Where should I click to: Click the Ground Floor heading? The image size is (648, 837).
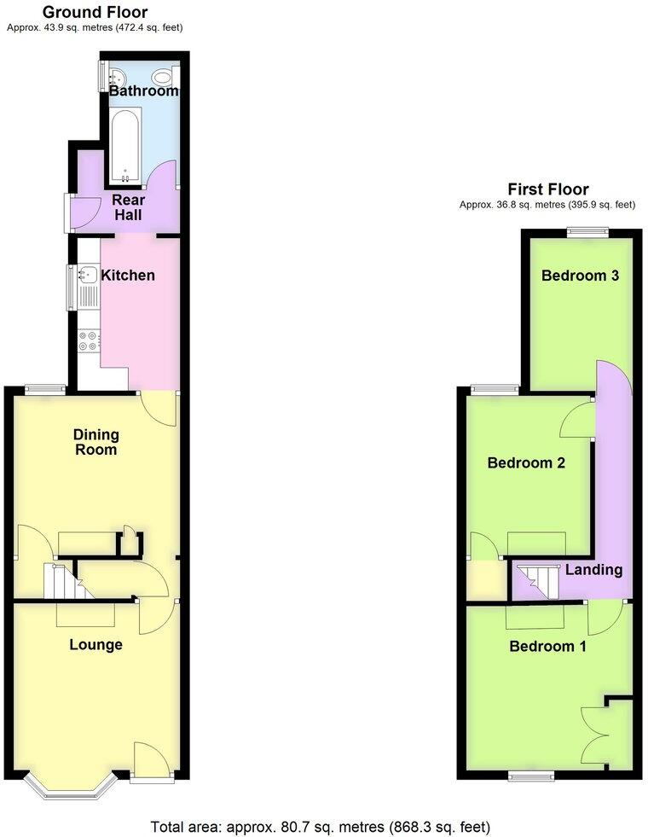tap(95, 12)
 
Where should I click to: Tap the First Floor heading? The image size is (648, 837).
tap(547, 189)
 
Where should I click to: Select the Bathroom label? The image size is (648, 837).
tap(143, 91)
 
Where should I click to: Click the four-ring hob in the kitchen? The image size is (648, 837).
tap(88, 340)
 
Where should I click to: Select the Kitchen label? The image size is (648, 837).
tap(128, 276)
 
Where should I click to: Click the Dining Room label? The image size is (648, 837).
tap(95, 442)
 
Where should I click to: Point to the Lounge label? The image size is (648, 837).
tap(95, 644)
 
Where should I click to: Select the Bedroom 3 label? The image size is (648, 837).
tap(579, 276)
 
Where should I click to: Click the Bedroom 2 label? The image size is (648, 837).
tap(526, 463)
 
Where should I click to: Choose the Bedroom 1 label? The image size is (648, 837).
tap(547, 646)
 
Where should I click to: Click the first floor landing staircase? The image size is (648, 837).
tap(537, 581)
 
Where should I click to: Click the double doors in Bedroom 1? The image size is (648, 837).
tap(594, 733)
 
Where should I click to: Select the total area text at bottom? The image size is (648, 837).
tap(320, 826)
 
